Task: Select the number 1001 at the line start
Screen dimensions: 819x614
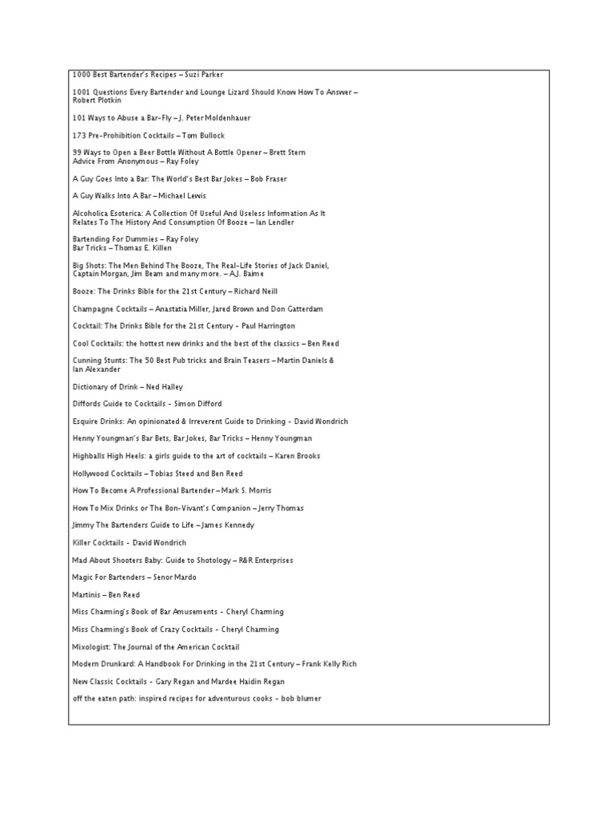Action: (x=81, y=93)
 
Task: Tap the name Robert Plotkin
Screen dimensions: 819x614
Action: (x=94, y=101)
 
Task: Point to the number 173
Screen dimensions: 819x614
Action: (x=78, y=135)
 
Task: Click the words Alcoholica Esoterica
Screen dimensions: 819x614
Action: (x=108, y=214)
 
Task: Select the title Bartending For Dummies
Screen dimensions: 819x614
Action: (x=115, y=239)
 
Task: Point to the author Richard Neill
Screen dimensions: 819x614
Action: (x=255, y=291)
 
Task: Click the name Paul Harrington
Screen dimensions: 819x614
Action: (x=263, y=326)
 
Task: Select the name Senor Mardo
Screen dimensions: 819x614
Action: (x=173, y=577)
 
